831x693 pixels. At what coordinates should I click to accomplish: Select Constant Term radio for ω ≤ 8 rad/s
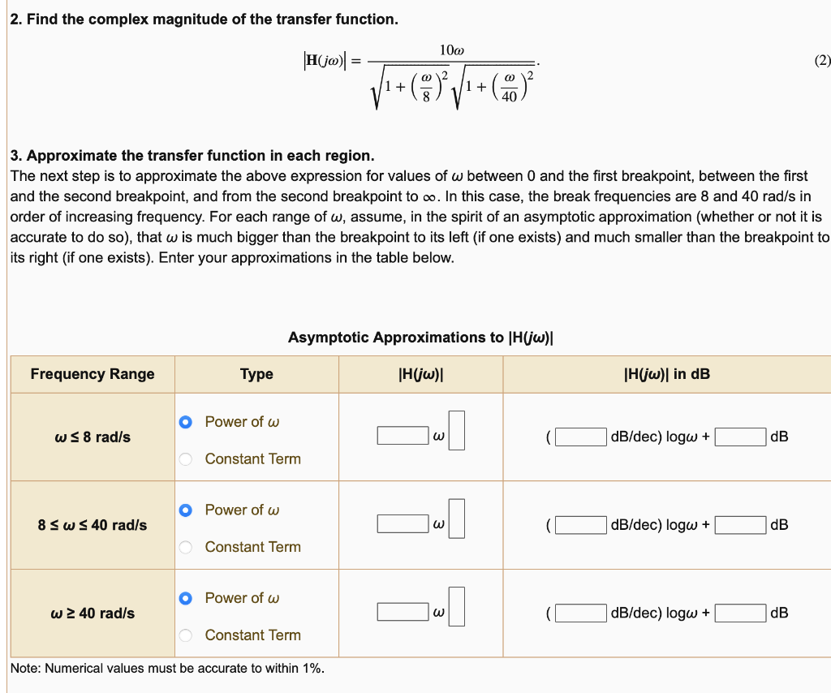186,459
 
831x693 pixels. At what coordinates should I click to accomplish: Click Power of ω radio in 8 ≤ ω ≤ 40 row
186,510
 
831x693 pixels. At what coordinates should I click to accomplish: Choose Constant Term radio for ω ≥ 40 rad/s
186,635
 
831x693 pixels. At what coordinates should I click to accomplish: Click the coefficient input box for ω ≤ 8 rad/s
403,437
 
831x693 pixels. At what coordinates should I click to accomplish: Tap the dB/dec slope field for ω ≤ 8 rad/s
580,437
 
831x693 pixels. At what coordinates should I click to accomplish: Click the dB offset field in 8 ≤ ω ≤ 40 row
740,525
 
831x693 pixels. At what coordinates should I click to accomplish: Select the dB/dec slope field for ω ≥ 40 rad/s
580,613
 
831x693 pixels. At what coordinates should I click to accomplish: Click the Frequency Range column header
93,374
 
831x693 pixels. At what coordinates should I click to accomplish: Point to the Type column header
256,374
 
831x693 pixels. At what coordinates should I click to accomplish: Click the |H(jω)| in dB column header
666,374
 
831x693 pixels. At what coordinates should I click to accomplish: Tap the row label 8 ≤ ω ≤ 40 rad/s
93,525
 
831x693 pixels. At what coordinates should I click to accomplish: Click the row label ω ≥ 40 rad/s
93,613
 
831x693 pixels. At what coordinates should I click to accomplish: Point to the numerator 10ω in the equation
451,50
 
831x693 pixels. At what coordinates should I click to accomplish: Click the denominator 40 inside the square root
510,97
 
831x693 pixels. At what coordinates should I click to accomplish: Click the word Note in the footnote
25,669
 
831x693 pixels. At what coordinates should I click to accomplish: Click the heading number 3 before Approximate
15,156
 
